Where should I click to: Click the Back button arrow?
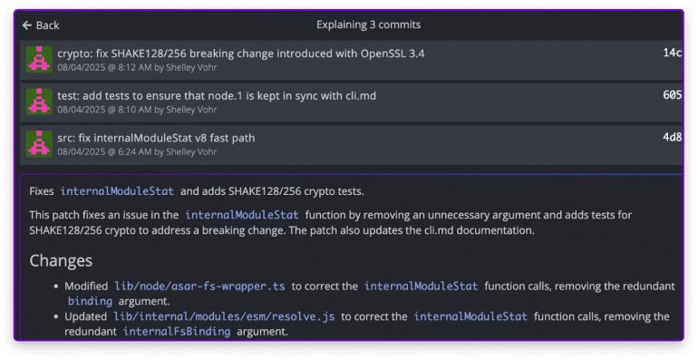tap(26, 25)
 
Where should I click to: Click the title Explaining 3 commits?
tap(368, 25)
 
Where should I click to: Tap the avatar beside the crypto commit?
tap(39, 59)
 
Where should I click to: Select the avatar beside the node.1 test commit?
tap(39, 102)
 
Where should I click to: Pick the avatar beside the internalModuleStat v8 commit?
tap(39, 143)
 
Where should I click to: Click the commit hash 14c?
tap(673, 53)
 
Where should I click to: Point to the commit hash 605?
tap(673, 95)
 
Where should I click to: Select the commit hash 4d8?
tap(673, 137)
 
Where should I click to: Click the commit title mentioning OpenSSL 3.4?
tap(241, 54)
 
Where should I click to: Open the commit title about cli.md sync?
tap(217, 96)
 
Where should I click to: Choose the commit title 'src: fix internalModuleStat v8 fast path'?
tap(156, 138)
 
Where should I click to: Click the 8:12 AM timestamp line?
tap(137, 68)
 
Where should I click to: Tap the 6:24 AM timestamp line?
tap(137, 152)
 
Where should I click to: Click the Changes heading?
tap(61, 260)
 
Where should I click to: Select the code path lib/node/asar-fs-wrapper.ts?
tap(199, 286)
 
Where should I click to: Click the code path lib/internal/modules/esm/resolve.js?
tap(224, 316)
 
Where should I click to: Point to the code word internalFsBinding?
tap(177, 332)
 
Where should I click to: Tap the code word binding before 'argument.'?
tap(90, 301)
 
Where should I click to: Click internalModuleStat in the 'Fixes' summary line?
tap(117, 191)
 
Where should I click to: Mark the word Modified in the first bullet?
tap(86, 286)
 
